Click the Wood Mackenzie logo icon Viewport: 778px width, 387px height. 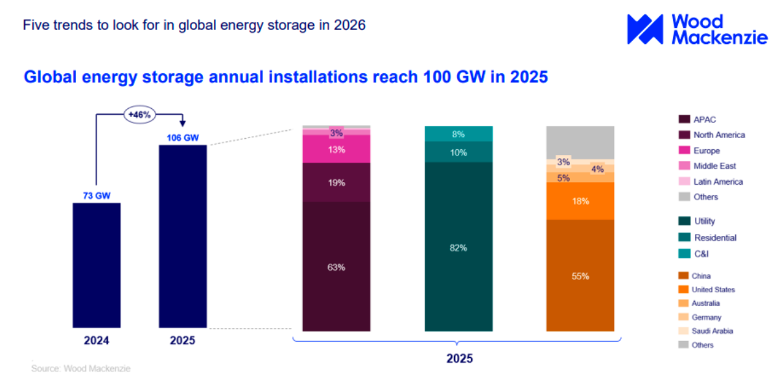coord(645,29)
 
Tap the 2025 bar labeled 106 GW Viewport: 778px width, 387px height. coord(183,236)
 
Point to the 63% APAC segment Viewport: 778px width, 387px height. coord(336,266)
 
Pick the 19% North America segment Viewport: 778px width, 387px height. coord(336,183)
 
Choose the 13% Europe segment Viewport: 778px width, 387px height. coord(336,149)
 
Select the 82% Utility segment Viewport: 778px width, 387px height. coord(458,248)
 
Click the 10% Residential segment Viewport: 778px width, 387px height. coord(458,152)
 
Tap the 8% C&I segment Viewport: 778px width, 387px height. coord(458,134)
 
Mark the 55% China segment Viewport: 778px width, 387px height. coord(580,276)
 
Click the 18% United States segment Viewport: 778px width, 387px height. coord(580,201)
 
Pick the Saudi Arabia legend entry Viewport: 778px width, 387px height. coord(712,331)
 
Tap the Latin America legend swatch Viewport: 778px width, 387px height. coord(683,182)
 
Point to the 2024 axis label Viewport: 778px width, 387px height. coord(96,340)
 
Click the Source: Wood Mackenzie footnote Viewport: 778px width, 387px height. coord(81,368)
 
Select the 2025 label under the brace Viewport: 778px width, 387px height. coord(459,358)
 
